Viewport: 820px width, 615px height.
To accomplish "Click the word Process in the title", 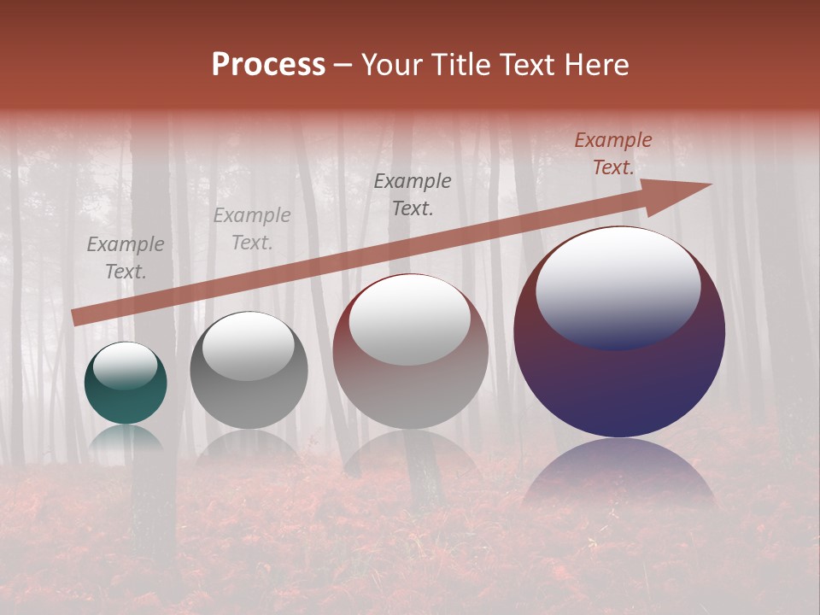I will click(268, 65).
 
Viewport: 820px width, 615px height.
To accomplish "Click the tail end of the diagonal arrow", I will click(75, 318).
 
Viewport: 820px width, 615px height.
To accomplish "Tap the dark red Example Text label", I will click(612, 154).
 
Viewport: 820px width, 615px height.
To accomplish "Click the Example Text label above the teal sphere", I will click(126, 258).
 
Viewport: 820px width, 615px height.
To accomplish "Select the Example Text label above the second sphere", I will click(252, 229).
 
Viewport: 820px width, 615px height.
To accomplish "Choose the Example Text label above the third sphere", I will click(413, 195).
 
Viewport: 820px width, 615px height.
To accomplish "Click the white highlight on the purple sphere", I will click(618, 286).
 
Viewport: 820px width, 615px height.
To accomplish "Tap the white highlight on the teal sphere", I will click(126, 366).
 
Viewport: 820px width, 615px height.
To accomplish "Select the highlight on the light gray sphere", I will click(249, 346).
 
